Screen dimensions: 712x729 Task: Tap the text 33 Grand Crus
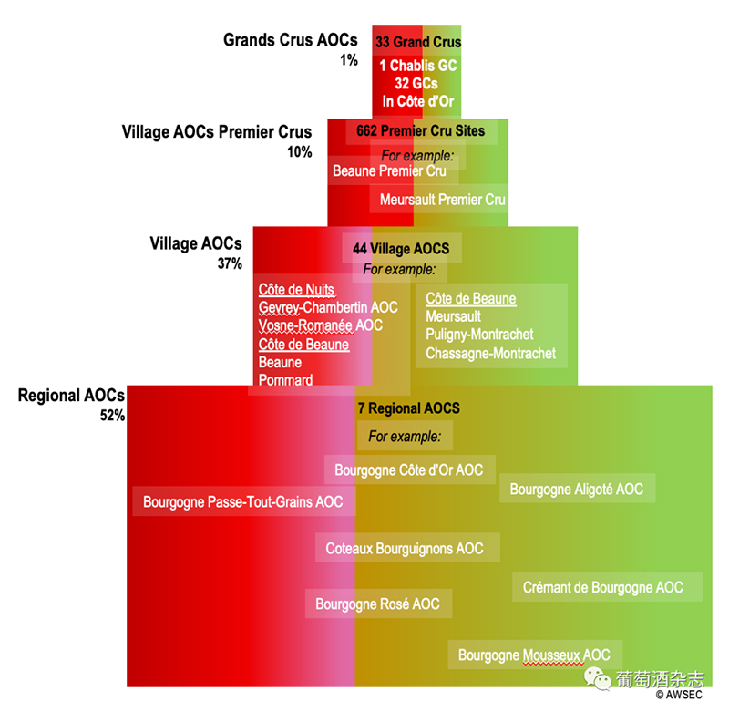418,42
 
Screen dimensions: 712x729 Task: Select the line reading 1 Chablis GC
418,66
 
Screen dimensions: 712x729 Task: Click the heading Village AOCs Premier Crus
217,132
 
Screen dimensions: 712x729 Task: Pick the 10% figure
299,152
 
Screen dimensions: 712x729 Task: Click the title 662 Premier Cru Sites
421,131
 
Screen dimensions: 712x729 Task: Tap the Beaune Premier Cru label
389,171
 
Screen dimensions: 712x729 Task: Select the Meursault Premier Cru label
443,199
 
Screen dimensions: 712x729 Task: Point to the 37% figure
230,263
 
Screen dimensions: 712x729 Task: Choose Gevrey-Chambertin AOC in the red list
328,307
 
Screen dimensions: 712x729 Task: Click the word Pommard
285,380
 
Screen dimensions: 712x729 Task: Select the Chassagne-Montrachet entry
490,353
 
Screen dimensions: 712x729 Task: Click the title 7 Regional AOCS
408,408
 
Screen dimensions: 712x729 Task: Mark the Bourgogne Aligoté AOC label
576,490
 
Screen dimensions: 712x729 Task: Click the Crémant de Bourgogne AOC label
602,588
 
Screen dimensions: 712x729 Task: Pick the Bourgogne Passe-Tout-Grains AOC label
243,502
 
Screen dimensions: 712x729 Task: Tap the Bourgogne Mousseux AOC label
534,655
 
